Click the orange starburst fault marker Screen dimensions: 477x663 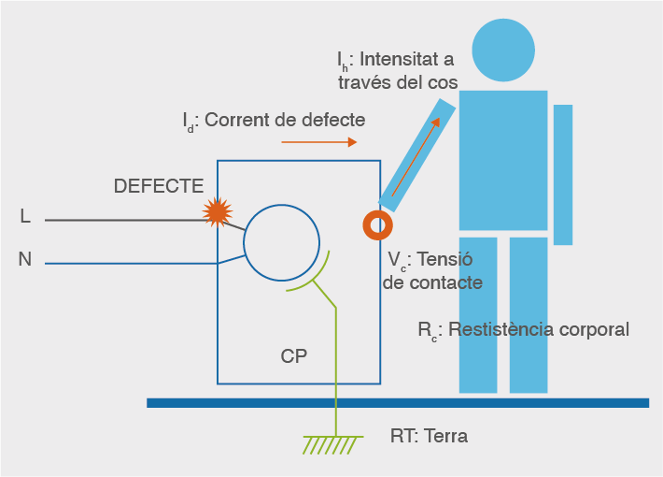tap(218, 212)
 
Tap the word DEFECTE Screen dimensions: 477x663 tap(158, 185)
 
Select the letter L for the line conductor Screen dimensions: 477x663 tap(25, 217)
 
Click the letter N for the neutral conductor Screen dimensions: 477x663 tap(25, 259)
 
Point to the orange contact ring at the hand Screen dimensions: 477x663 tap(377, 224)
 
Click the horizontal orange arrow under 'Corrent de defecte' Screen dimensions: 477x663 tap(318, 142)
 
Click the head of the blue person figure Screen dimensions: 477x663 tap(503, 50)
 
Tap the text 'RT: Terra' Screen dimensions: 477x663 tap(429, 436)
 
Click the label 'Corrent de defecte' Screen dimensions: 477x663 tap(284, 120)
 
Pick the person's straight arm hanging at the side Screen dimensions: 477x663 tap(562, 174)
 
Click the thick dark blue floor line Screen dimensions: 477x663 tap(397, 403)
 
